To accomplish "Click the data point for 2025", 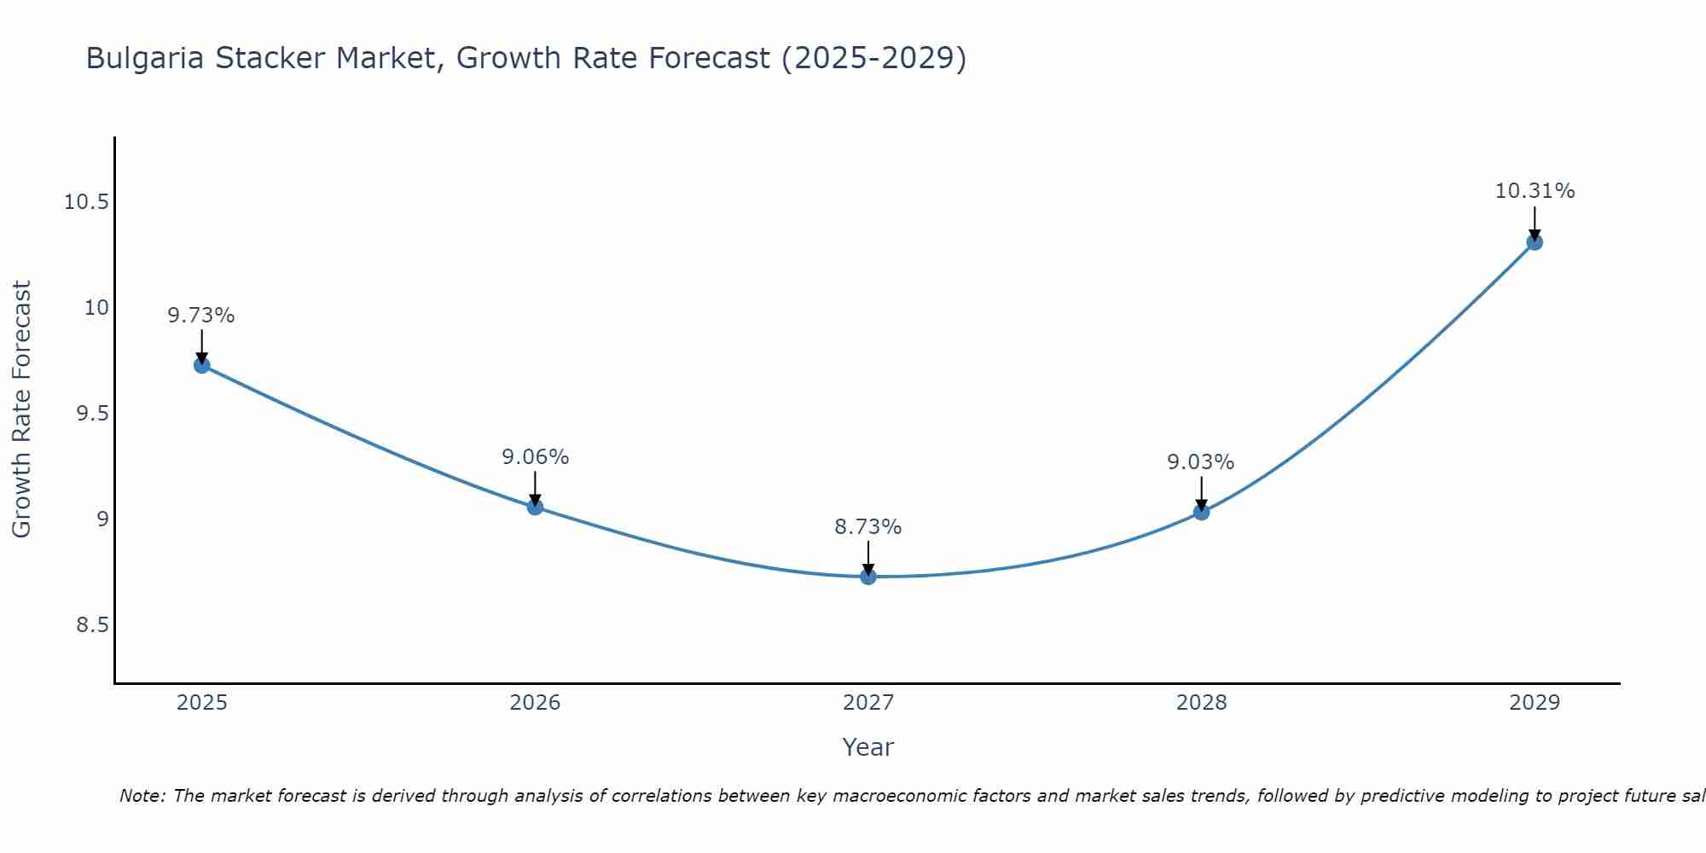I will click(202, 365).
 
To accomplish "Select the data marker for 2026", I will click(535, 507).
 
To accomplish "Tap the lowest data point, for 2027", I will click(868, 577).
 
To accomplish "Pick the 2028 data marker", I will click(1201, 512).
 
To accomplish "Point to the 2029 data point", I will click(1535, 242).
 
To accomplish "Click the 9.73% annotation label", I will click(201, 316).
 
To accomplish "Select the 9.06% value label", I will click(535, 457).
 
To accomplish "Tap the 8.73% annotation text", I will click(868, 527).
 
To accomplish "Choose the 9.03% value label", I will click(1201, 462).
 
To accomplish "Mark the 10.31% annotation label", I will click(1535, 191).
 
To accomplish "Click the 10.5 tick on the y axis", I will click(87, 202).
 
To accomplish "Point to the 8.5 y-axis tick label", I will click(93, 625).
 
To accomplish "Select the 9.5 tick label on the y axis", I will click(93, 414).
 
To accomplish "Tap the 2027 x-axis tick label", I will click(868, 703).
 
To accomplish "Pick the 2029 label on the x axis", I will click(1535, 703).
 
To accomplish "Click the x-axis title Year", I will click(868, 747).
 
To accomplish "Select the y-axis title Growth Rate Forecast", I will click(21, 409).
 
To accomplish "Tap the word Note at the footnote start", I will click(142, 796).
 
